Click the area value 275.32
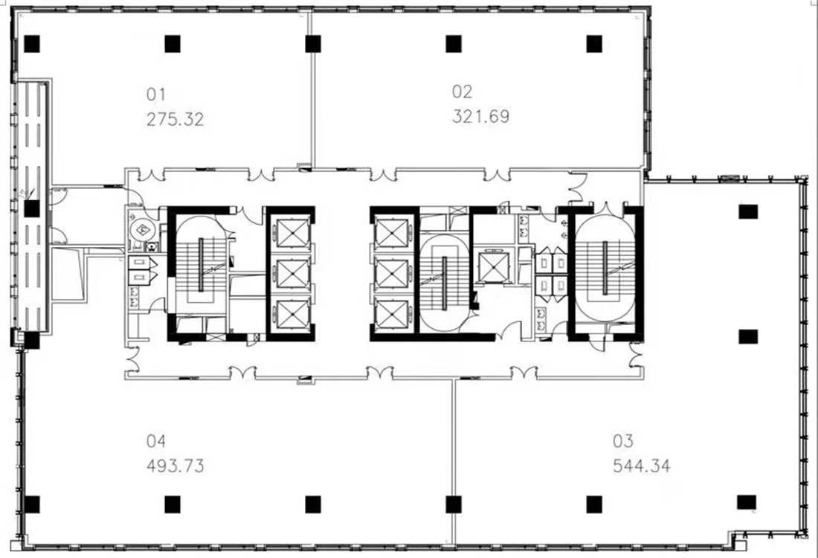pyautogui.click(x=175, y=120)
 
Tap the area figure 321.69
pyautogui.click(x=480, y=116)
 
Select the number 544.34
pyautogui.click(x=641, y=465)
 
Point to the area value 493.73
pyautogui.click(x=175, y=465)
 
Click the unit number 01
pyautogui.click(x=156, y=94)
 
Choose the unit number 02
pyautogui.click(x=463, y=92)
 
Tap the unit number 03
pyautogui.click(x=623, y=441)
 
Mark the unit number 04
pyautogui.click(x=156, y=441)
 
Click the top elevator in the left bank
pyautogui.click(x=292, y=233)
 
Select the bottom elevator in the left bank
pyautogui.click(x=292, y=315)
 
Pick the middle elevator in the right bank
pyautogui.click(x=392, y=274)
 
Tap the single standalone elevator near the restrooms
pyautogui.click(x=493, y=266)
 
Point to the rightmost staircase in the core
pyautogui.click(x=605, y=268)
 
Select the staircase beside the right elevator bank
pyautogui.click(x=444, y=283)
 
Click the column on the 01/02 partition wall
pyautogui.click(x=313, y=44)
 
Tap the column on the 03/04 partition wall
pyautogui.click(x=454, y=504)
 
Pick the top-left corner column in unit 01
pyautogui.click(x=32, y=44)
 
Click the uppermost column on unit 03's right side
pyautogui.click(x=747, y=211)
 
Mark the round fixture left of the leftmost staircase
pyautogui.click(x=141, y=228)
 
